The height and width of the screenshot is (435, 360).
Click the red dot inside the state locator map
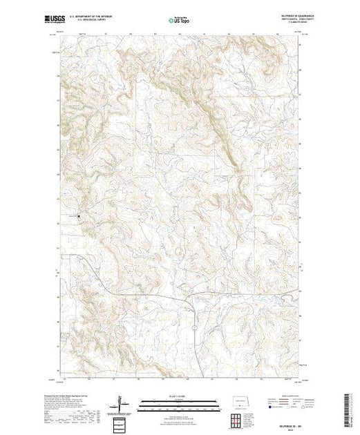(x=241, y=402)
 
